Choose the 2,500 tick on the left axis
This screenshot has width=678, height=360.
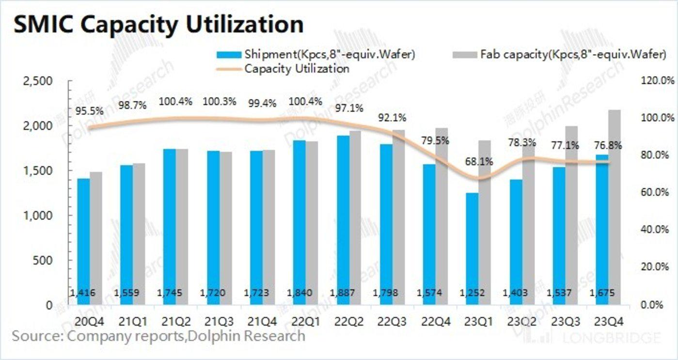(x=38, y=81)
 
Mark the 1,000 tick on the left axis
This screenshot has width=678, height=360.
(x=38, y=216)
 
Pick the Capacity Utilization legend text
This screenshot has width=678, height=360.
(x=297, y=68)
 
